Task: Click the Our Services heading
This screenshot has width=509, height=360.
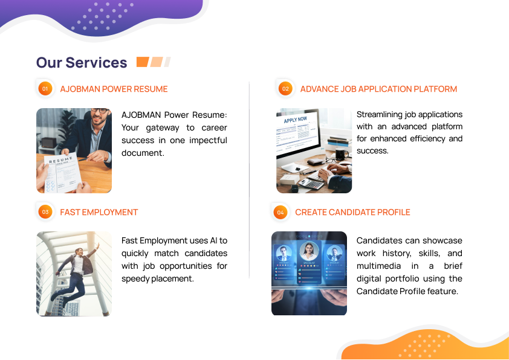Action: [x=82, y=63]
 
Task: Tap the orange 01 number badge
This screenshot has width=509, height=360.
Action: [x=45, y=89]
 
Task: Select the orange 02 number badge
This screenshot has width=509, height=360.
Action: [x=285, y=89]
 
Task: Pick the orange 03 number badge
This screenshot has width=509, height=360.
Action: [x=45, y=212]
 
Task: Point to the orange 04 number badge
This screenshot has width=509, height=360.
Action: [x=280, y=212]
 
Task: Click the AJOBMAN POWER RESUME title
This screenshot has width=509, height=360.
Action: [x=114, y=89]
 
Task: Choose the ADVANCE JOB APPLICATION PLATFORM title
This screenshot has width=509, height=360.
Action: [x=378, y=89]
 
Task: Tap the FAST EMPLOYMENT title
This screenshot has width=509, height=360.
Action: [x=99, y=212]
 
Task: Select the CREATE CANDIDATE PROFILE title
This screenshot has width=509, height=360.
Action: [x=352, y=212]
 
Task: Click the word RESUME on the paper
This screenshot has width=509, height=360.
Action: [x=60, y=160]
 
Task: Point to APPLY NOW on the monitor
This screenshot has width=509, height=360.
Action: [x=296, y=120]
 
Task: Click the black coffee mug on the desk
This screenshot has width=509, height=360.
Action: [x=341, y=154]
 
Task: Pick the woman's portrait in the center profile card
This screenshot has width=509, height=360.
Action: [x=309, y=251]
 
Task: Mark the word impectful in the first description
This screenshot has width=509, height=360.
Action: [x=208, y=140]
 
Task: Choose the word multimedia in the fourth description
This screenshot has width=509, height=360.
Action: [x=378, y=266]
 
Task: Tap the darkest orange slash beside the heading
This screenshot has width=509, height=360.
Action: [x=143, y=62]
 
